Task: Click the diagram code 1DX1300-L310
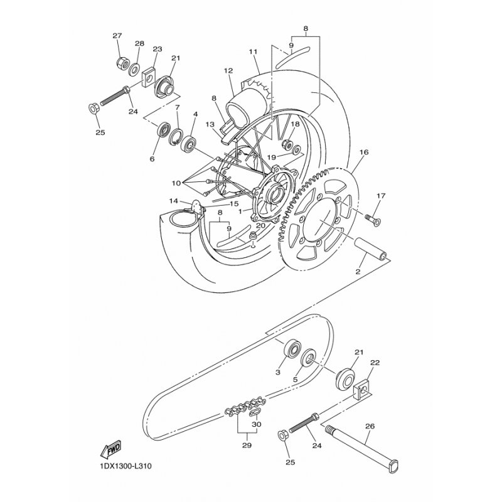[x=123, y=466]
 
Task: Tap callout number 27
[x=117, y=36]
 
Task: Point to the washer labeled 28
[x=134, y=70]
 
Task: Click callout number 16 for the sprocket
[x=364, y=152]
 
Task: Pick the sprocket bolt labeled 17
[x=373, y=220]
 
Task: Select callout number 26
[x=370, y=427]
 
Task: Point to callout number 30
[x=257, y=425]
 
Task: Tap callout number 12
[x=228, y=71]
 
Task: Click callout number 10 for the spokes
[x=176, y=183]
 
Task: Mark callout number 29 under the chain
[x=247, y=445]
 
